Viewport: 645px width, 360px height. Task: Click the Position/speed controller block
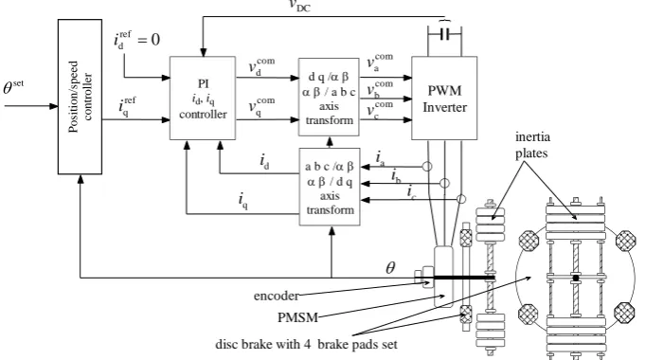80,97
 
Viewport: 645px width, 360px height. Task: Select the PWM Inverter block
444,99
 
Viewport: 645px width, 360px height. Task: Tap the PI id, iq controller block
203,99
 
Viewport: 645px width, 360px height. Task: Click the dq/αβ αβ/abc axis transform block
329,97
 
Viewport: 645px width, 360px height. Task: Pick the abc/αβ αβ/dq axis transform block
330,187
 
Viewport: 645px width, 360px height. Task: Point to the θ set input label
13,87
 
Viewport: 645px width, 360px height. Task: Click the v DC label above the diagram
299,6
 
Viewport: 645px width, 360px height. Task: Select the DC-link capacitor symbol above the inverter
444,34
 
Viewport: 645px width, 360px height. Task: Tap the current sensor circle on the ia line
427,167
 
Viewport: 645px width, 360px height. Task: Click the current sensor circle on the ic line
461,200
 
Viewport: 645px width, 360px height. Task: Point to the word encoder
277,296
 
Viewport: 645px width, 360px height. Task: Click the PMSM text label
297,317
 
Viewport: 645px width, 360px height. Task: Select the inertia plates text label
532,145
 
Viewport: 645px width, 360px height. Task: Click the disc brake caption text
307,344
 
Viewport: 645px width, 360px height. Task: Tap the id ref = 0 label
137,40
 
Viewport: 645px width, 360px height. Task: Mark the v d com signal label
261,66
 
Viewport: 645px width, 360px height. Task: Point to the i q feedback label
243,200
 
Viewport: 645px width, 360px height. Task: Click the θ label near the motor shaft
390,268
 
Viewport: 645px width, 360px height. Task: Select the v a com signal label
380,63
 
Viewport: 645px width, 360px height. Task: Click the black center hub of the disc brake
576,279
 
